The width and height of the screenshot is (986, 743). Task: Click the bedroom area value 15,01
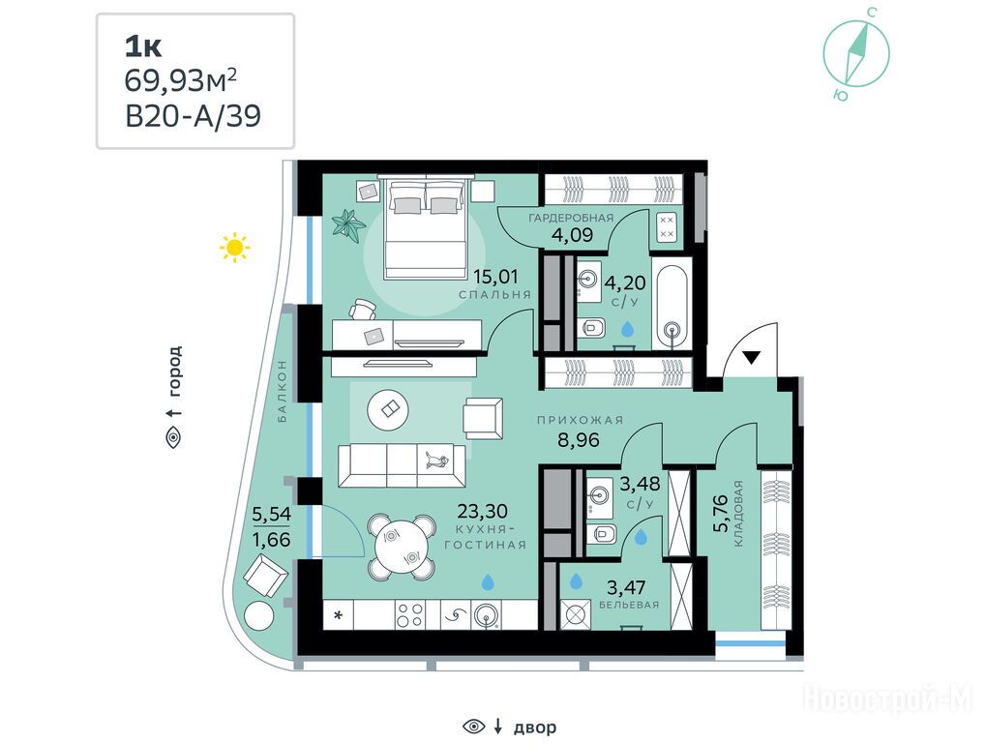tap(495, 276)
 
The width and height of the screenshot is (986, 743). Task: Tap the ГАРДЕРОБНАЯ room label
tap(571, 218)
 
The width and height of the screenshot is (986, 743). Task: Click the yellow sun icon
tap(234, 248)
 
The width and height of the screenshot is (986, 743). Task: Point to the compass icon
tap(856, 53)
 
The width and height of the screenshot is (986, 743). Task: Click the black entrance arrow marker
tap(752, 358)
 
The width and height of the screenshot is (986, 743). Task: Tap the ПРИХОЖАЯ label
tap(580, 421)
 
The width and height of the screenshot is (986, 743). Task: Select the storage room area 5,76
tap(721, 513)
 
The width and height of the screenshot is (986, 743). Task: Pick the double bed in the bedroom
tap(426, 229)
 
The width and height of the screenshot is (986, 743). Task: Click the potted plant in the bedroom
tap(347, 223)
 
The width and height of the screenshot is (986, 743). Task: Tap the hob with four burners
tap(409, 614)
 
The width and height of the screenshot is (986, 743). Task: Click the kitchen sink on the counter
tap(489, 615)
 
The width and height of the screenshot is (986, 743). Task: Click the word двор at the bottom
tap(535, 728)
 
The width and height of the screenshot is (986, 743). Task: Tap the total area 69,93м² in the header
tap(181, 80)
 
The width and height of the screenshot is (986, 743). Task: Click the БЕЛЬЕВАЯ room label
tap(629, 606)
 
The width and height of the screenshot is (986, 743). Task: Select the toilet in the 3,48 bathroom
tap(601, 534)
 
